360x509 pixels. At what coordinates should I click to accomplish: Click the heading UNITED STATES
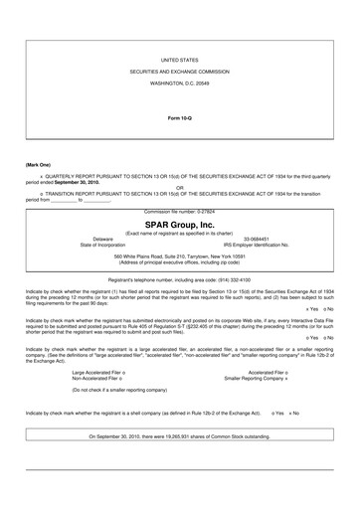click(x=180, y=61)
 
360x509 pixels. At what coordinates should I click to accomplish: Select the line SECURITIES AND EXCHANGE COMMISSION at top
click(x=180, y=74)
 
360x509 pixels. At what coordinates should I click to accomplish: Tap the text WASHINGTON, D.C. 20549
click(x=180, y=86)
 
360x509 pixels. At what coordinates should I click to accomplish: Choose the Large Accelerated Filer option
click(x=101, y=372)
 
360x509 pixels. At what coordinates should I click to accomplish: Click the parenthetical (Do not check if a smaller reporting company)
click(x=129, y=391)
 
